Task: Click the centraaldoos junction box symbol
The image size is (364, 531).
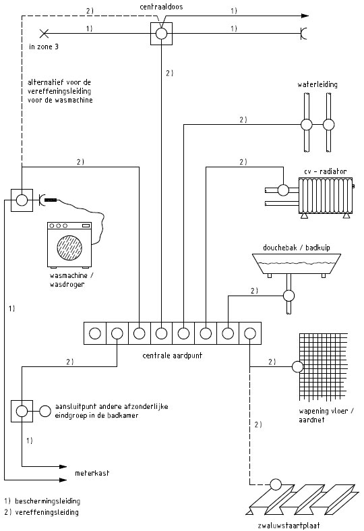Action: pos(161,34)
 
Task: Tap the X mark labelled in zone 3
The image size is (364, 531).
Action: pos(44,34)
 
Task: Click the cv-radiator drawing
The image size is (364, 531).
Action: pos(325,196)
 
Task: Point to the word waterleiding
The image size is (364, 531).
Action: pos(317,84)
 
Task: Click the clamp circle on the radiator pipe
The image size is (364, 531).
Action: pos(284,190)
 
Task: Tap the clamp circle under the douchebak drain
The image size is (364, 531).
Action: pos(289,296)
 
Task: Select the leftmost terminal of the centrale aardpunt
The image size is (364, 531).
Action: pos(95,333)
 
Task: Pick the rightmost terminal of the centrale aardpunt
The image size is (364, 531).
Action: pos(250,333)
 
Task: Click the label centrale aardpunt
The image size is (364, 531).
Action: pos(172,356)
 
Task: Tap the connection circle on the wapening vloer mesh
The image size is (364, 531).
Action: pos(298,367)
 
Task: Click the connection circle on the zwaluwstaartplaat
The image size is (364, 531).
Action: pos(276,484)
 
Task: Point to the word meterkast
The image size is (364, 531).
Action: pos(92,473)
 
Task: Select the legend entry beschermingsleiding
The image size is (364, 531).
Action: pos(42,501)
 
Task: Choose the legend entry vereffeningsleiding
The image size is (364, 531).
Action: pos(42,512)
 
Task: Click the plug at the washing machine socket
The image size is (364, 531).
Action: pos(51,200)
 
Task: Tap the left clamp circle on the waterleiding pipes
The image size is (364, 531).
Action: pos(307,125)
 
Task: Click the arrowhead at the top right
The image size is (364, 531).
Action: pos(305,16)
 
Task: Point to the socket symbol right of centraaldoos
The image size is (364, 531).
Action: pos(303,34)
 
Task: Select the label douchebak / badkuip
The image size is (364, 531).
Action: pos(297,248)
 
